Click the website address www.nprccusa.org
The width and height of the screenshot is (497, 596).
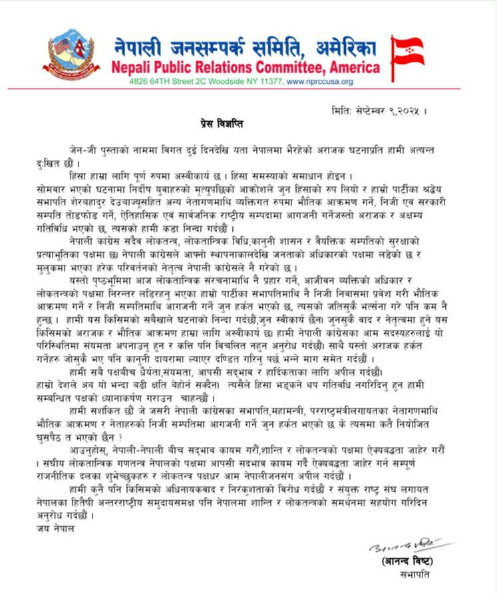[x=319, y=82]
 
